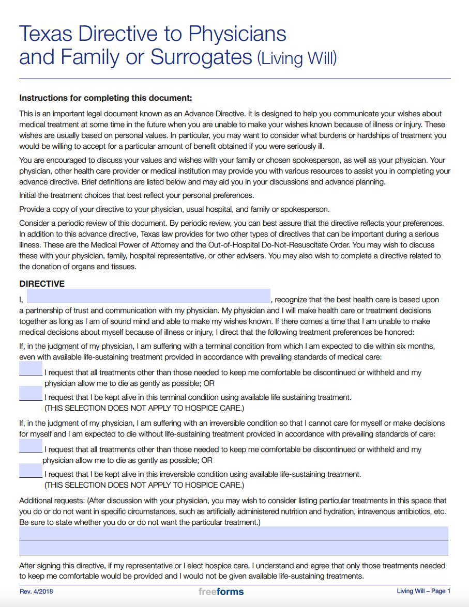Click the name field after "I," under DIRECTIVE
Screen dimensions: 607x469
pyautogui.click(x=148, y=296)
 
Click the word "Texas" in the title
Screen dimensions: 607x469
pyautogui.click(x=43, y=34)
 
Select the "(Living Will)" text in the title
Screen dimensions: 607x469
pyautogui.click(x=297, y=58)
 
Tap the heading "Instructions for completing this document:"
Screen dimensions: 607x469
pyautogui.click(x=105, y=98)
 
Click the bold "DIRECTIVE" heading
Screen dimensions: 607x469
pyautogui.click(x=42, y=284)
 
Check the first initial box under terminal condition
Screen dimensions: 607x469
pyautogui.click(x=31, y=369)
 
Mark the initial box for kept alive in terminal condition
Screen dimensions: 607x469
pyautogui.click(x=31, y=394)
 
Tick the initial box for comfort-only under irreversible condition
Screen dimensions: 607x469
pyautogui.click(x=31, y=446)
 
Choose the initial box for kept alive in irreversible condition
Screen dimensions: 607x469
pyautogui.click(x=31, y=471)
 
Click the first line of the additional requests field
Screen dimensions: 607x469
pyautogui.click(x=234, y=533)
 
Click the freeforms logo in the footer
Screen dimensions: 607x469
pyautogui.click(x=221, y=592)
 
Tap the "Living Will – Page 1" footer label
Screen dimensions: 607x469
pyautogui.click(x=423, y=592)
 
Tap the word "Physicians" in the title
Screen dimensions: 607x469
pyautogui.click(x=237, y=34)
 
